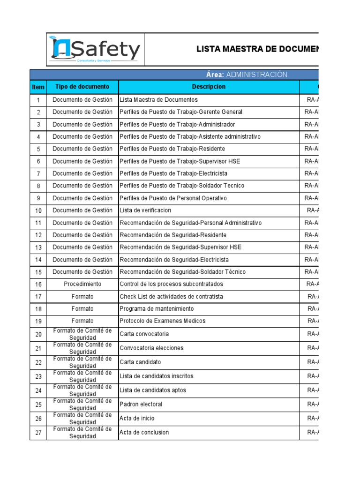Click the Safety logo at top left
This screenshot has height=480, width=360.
[96, 50]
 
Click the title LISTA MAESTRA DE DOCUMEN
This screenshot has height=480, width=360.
[257, 49]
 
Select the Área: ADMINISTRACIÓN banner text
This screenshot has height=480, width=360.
[246, 75]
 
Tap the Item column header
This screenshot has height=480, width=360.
[38, 87]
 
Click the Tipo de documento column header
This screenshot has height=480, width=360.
[82, 87]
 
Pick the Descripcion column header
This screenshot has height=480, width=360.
[209, 87]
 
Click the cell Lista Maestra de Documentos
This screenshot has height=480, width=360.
[159, 99]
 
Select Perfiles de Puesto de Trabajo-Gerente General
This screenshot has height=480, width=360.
[181, 112]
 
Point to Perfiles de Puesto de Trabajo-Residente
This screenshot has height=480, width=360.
[172, 149]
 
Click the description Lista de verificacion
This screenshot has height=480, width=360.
[145, 210]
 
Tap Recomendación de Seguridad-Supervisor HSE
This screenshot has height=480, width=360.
[180, 247]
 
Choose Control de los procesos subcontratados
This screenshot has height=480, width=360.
[171, 284]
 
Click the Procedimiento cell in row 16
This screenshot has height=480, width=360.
[82, 284]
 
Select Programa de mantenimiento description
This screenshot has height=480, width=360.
[157, 309]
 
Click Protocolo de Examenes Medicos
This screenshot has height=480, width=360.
[162, 321]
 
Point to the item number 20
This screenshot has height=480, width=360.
[38, 334]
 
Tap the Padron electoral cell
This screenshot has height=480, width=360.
[141, 404]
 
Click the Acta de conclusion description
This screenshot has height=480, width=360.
[144, 432]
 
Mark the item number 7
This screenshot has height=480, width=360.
[38, 173]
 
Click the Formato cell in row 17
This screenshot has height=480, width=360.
[82, 296]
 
